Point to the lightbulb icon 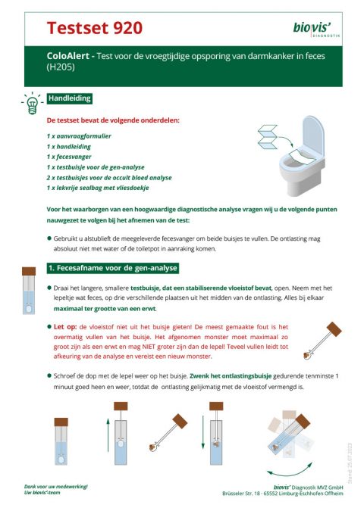pos(32,102)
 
